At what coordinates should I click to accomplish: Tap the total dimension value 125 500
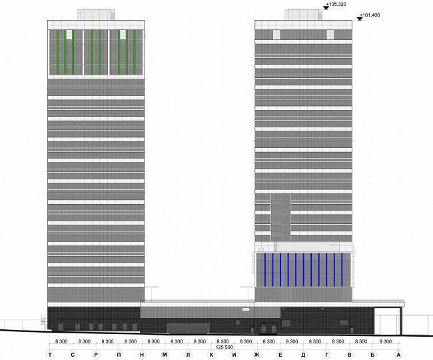click(x=224, y=347)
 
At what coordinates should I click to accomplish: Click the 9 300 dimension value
click(x=386, y=341)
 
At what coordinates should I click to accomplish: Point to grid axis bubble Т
click(x=50, y=354)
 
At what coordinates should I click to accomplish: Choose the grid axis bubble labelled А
click(x=398, y=354)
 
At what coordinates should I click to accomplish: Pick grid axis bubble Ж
click(x=256, y=354)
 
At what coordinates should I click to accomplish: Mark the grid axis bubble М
click(x=165, y=354)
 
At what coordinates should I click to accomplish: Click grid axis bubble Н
click(x=142, y=354)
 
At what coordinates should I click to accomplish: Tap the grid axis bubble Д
click(x=303, y=354)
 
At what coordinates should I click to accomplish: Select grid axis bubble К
click(x=211, y=354)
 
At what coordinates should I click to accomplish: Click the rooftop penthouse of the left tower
click(x=97, y=15)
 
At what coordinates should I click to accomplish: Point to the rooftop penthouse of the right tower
click(x=304, y=15)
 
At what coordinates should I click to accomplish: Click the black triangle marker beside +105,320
click(x=326, y=7)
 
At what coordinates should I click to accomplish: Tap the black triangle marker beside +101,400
click(x=360, y=18)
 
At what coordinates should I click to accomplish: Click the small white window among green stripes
click(x=69, y=34)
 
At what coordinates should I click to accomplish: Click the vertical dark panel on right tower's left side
click(x=280, y=217)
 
